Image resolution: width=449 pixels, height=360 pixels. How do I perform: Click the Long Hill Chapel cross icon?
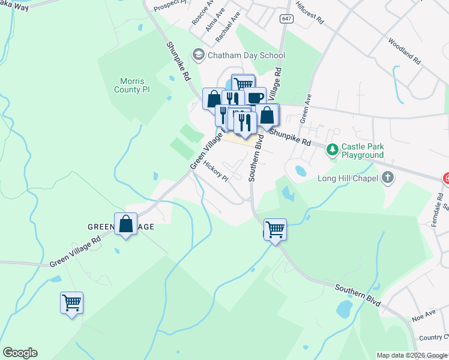(388, 177)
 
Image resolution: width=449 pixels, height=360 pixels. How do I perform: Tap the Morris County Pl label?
(131, 85)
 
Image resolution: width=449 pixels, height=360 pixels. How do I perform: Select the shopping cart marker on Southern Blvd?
(275, 229)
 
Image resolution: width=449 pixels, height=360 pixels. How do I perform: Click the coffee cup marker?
(255, 97)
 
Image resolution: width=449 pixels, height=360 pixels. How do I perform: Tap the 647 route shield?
(285, 19)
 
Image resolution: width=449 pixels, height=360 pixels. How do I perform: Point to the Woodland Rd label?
(405, 52)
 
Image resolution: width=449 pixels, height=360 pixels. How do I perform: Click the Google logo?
(20, 353)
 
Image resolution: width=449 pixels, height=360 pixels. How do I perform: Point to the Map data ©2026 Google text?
(412, 355)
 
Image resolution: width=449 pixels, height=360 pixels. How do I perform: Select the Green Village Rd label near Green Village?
(76, 253)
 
